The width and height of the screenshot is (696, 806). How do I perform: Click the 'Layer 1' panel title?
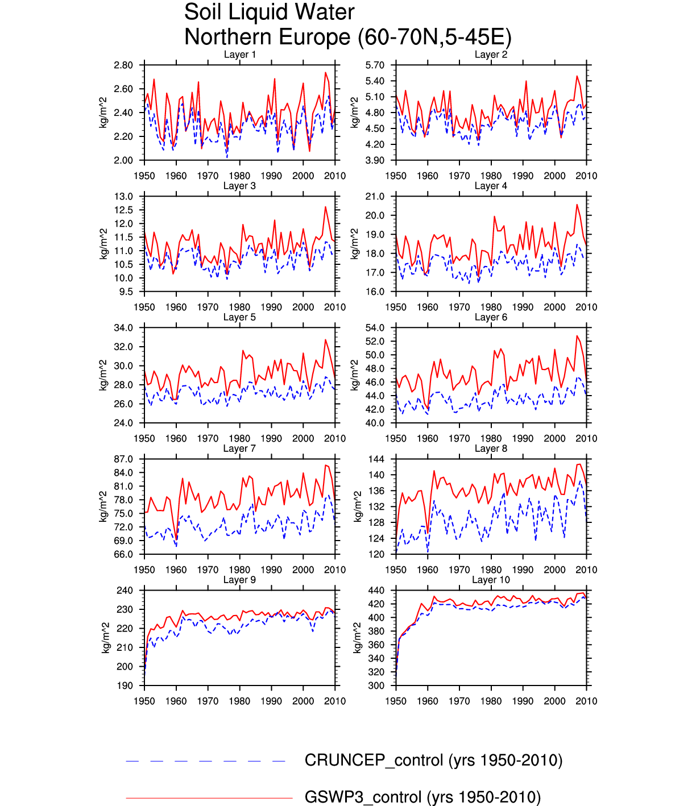(x=239, y=55)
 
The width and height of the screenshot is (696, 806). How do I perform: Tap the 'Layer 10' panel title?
(x=491, y=580)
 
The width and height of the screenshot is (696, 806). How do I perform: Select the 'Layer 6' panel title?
(x=491, y=317)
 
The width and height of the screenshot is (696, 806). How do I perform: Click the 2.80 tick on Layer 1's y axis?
(x=123, y=65)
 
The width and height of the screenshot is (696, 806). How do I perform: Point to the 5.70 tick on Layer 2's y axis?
(x=375, y=65)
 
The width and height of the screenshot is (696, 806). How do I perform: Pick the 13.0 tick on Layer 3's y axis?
(x=123, y=197)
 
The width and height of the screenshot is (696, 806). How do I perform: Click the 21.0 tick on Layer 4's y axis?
(x=375, y=197)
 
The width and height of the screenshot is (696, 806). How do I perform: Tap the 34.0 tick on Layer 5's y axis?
(x=123, y=328)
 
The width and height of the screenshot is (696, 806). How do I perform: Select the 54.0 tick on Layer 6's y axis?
(x=375, y=328)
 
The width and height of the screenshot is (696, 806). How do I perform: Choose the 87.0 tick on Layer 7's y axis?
(x=123, y=459)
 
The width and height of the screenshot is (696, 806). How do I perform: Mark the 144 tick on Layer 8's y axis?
(x=376, y=459)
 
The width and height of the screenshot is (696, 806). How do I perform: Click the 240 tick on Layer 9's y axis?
(x=125, y=591)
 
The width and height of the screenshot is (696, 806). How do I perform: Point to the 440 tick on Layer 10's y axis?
(x=376, y=591)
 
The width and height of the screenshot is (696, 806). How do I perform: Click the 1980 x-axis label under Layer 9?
(x=239, y=701)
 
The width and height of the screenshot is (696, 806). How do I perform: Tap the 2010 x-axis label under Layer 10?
(x=586, y=701)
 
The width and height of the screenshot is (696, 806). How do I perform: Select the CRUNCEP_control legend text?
(x=433, y=761)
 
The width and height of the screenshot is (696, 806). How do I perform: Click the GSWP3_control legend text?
(x=422, y=797)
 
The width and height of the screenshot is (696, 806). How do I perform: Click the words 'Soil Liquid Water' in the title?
(x=269, y=13)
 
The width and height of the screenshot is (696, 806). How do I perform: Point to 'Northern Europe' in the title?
(x=267, y=38)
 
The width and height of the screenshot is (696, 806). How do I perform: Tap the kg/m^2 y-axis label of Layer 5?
(x=103, y=375)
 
